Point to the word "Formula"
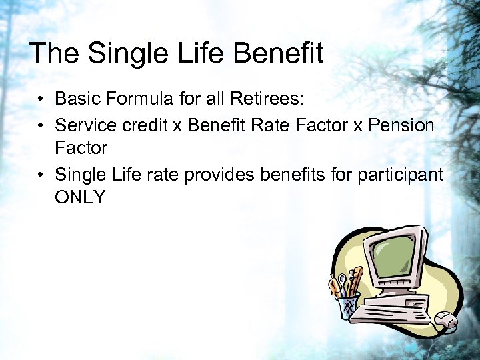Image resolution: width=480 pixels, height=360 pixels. (x=137, y=100)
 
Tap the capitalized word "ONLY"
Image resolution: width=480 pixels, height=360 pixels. (x=80, y=198)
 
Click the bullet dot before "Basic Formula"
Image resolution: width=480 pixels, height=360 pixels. (x=41, y=101)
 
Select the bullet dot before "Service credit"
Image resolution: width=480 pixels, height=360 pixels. (x=41, y=126)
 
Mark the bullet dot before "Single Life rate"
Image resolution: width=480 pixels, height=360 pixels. (x=41, y=175)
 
